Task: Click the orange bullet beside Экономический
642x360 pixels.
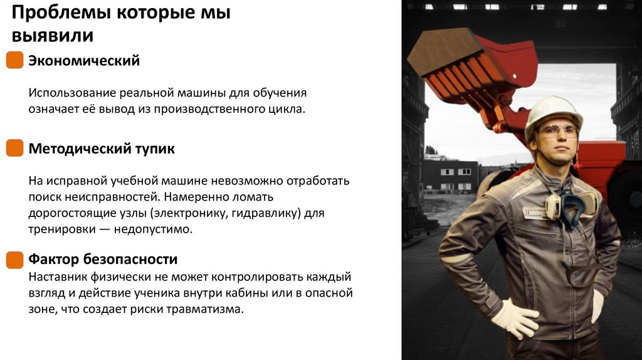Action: tap(14, 61)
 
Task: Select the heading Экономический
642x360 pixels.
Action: tap(84, 61)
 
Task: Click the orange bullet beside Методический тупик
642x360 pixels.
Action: tap(14, 149)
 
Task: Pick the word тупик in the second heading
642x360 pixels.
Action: tap(154, 149)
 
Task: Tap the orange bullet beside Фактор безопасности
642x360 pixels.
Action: tap(14, 259)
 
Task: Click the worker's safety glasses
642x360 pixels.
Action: tap(557, 131)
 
